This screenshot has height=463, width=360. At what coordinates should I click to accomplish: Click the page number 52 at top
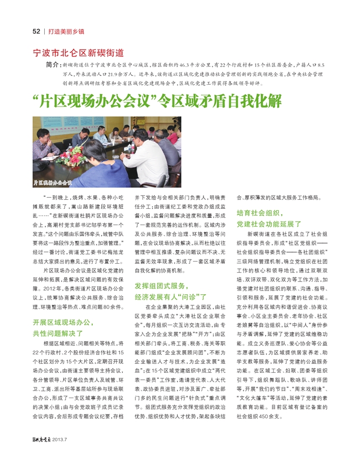click(x=36, y=31)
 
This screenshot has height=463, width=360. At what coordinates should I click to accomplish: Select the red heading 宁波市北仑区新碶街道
click(x=78, y=53)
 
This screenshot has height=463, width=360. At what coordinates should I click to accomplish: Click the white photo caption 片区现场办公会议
click(x=53, y=182)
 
